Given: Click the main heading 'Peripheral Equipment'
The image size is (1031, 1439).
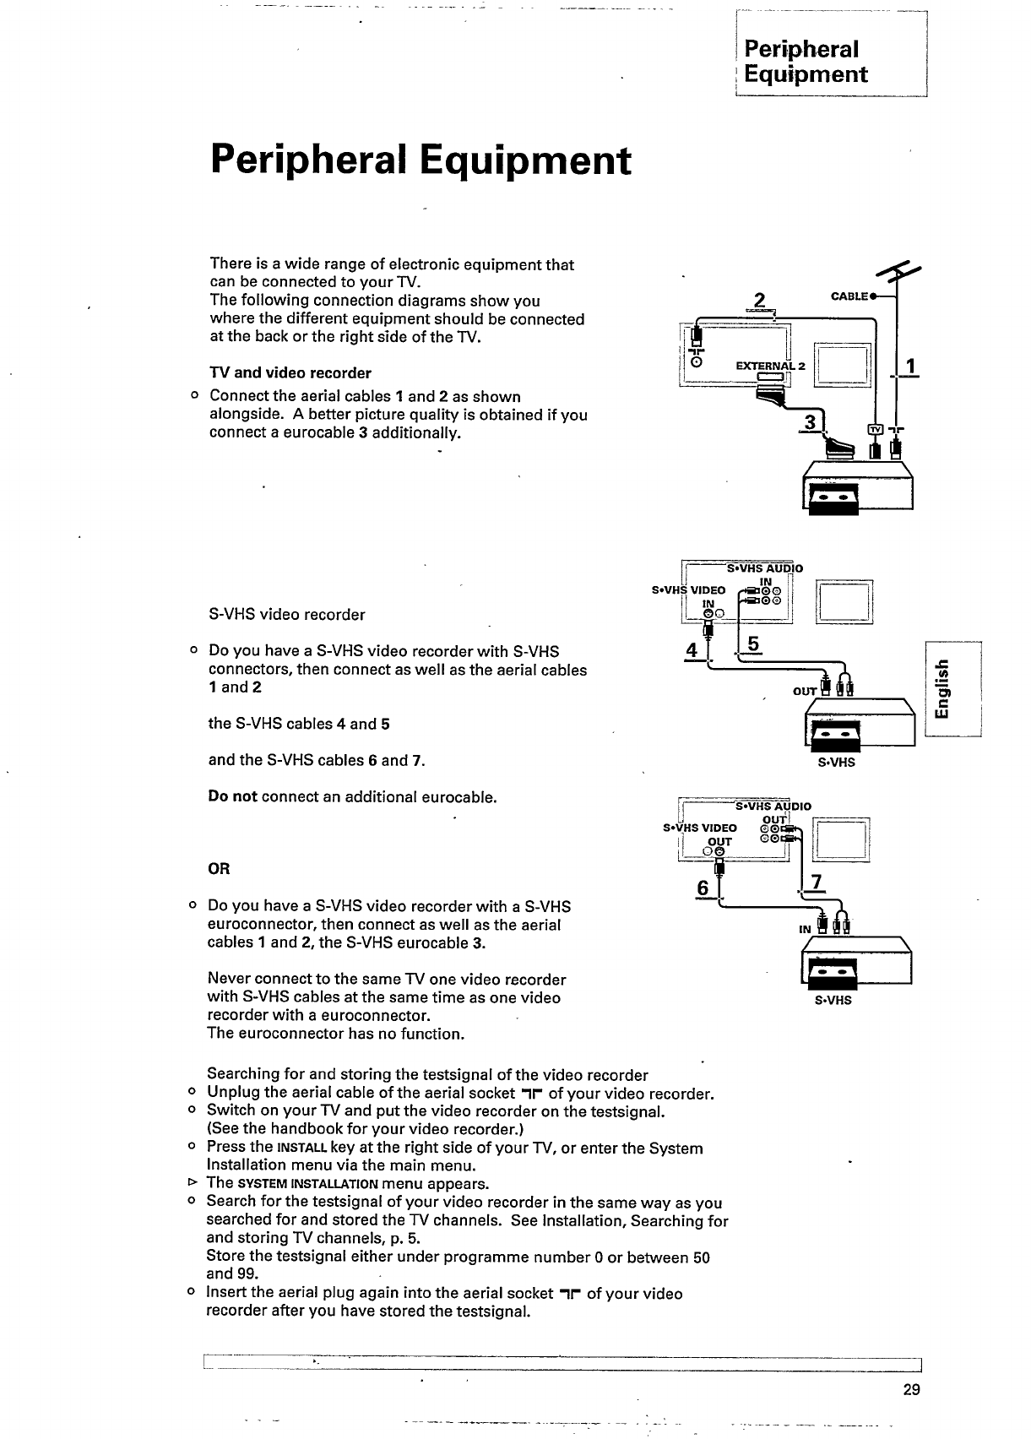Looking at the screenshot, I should click(x=421, y=160).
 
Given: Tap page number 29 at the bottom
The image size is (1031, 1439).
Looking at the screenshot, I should click(x=911, y=1391).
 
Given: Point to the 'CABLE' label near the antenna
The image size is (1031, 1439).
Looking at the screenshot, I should click(x=849, y=296).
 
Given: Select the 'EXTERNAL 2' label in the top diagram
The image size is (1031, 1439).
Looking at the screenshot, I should click(x=771, y=367).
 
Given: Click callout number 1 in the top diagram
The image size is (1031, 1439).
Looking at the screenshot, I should click(x=910, y=367).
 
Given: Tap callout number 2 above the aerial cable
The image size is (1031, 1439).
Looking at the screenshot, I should click(x=760, y=301).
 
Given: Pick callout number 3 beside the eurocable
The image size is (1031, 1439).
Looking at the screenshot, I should click(x=811, y=421).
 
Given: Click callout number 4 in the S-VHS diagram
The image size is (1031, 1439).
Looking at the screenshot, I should click(x=693, y=650).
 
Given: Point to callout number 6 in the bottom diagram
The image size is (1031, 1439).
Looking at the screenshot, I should click(x=703, y=888).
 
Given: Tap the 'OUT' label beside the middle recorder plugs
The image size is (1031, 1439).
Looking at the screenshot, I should click(x=805, y=692).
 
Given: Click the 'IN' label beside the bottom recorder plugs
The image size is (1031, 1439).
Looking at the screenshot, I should click(x=805, y=929).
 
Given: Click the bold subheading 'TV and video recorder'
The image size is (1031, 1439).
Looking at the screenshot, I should click(x=290, y=373).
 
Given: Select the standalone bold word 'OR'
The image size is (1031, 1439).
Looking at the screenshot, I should click(x=219, y=869).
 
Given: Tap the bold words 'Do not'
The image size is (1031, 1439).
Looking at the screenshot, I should click(x=232, y=796).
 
